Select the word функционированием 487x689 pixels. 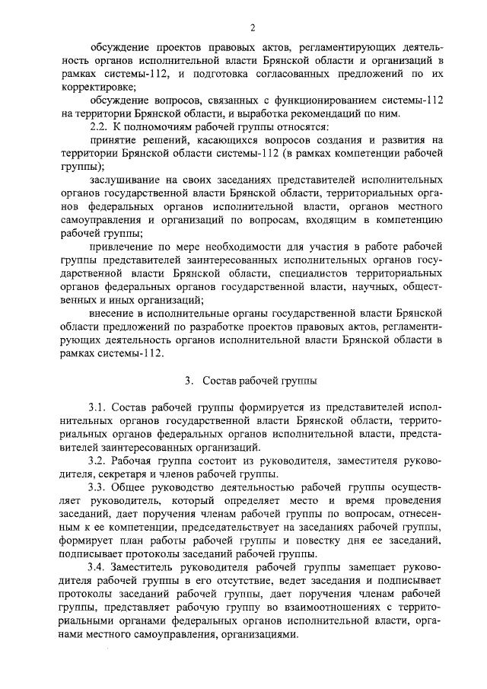coord(331,99)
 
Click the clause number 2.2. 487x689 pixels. coord(100,127)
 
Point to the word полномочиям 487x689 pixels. coord(165,127)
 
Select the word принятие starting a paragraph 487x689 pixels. coord(113,141)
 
